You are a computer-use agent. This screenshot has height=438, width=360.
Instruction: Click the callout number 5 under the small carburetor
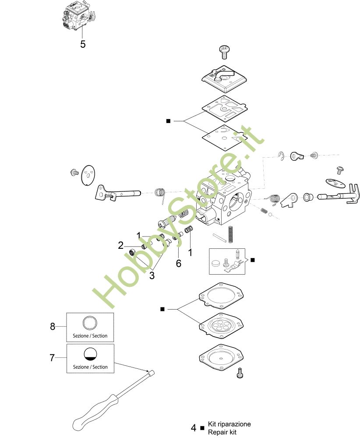coord(83,44)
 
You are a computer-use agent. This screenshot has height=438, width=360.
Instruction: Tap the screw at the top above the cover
coord(224,52)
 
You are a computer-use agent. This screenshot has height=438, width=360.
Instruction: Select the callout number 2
coord(120,245)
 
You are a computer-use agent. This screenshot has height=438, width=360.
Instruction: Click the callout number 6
coord(178,263)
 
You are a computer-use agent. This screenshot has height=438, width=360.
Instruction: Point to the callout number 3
coord(152,276)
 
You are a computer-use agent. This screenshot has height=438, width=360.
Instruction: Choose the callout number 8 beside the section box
coord(53,326)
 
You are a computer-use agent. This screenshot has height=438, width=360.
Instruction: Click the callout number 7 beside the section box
coord(52,357)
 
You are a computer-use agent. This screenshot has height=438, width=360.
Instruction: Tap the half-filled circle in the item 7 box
coord(91,354)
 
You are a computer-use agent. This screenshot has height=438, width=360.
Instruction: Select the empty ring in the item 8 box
coord(90,323)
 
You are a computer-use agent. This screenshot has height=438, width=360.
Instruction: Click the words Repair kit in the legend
coord(222,432)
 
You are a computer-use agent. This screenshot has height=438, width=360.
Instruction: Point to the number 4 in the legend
coord(194,428)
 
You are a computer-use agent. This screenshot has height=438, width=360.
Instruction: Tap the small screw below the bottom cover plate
coord(240,373)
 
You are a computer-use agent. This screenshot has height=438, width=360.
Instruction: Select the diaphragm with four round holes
coord(222,325)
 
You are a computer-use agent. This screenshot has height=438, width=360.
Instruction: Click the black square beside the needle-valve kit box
coord(253,260)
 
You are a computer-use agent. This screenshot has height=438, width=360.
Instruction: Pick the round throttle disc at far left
coord(88,175)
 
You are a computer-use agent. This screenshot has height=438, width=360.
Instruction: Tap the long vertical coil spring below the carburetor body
coord(230,234)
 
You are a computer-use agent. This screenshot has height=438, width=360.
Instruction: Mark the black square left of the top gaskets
coord(168,121)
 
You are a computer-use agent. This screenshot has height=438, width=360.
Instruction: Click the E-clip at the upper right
coord(281,156)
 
